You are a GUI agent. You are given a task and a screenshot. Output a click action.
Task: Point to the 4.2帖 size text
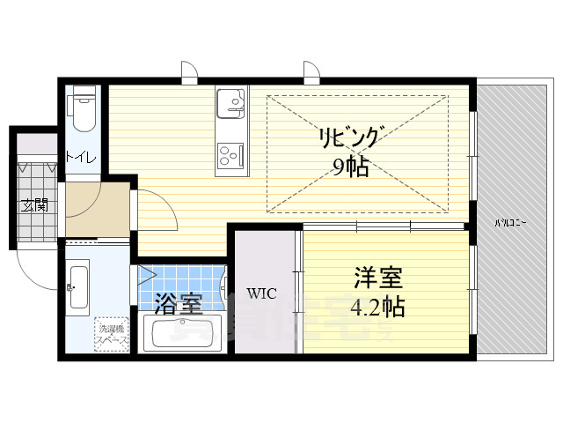point(379,308)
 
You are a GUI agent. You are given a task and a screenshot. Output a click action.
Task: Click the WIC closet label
point(262,293)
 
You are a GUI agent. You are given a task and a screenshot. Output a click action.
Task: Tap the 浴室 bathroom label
point(179,304)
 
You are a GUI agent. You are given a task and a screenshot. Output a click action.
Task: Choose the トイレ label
point(82,159)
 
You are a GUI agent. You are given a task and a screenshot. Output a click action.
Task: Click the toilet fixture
point(84,108)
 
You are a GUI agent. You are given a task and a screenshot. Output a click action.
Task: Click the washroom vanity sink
point(77,286)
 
